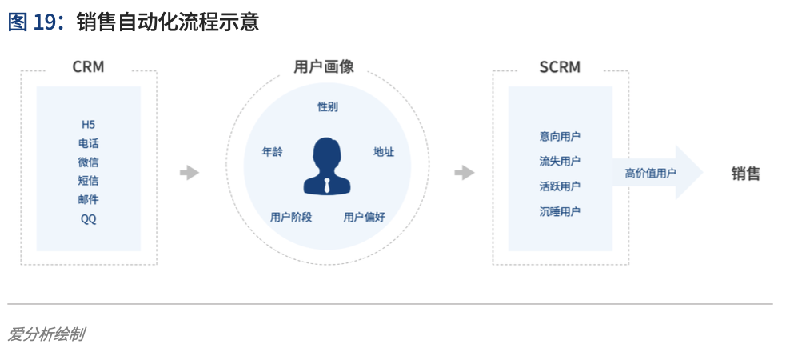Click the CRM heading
tap(88, 67)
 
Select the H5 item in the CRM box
tap(88, 125)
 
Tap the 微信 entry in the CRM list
tap(88, 162)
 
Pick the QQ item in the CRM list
tap(88, 219)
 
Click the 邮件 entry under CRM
tap(88, 200)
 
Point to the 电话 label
tap(88, 143)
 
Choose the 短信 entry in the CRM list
tap(88, 181)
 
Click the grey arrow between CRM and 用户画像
tap(190, 173)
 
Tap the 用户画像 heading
tap(324, 67)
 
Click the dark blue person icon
tap(327, 166)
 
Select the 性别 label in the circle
tap(328, 106)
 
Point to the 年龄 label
tap(273, 151)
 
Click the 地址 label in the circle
tap(384, 151)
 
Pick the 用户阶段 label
tap(291, 217)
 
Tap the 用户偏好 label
tap(365, 217)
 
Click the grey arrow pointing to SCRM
tap(465, 173)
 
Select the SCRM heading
tap(560, 67)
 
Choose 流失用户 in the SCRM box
tap(560, 162)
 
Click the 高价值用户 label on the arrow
tap(650, 174)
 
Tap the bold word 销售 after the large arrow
tap(746, 174)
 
